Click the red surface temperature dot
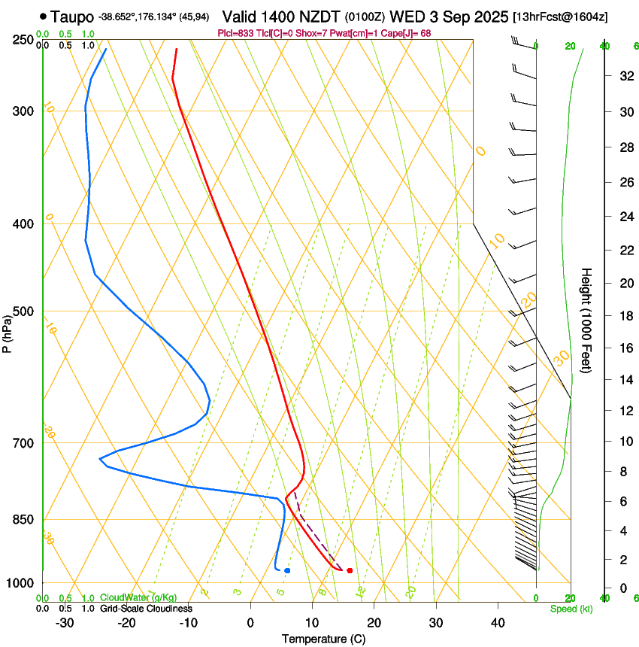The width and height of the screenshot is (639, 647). click(350, 571)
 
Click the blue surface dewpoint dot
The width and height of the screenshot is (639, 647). click(287, 571)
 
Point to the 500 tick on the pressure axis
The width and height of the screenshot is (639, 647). click(23, 311)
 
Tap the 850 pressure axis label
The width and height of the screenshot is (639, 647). click(23, 520)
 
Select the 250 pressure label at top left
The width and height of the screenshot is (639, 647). click(23, 40)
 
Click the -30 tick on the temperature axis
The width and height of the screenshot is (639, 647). click(65, 623)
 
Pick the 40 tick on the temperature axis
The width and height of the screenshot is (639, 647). click(497, 623)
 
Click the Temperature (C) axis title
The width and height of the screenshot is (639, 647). click(323, 639)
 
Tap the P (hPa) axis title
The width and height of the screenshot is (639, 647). click(7, 331)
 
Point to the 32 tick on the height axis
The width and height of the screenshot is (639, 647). click(623, 76)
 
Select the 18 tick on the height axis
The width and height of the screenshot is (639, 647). click(623, 316)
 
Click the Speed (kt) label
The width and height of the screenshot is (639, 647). click(571, 609)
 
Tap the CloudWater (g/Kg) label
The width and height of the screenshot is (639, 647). click(138, 597)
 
